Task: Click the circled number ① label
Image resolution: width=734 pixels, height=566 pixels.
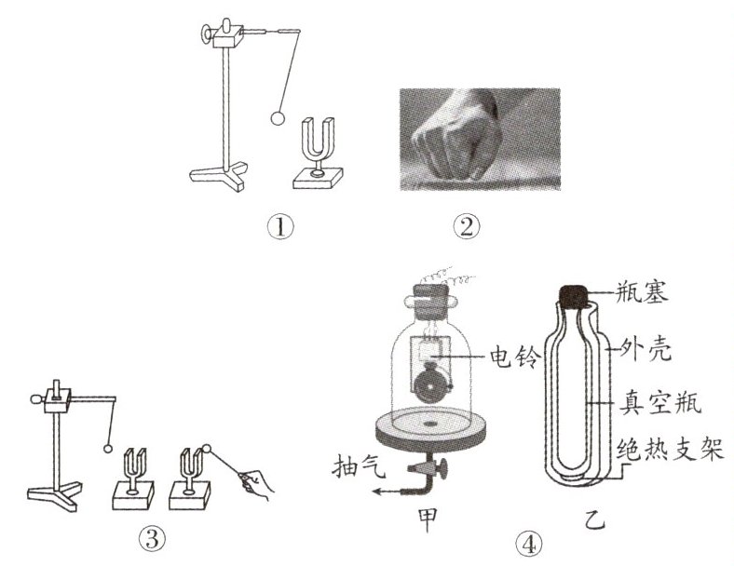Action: (280, 227)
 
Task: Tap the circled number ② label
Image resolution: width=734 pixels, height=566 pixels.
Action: (467, 227)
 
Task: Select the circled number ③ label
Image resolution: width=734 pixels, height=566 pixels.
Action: (152, 540)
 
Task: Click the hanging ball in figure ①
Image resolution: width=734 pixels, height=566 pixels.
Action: (278, 118)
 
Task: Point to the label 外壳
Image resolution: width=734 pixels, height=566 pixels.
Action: (646, 349)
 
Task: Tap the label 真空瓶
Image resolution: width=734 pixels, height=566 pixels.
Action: (660, 403)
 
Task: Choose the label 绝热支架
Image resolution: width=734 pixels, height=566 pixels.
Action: (671, 449)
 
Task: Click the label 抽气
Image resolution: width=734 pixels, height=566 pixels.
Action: (359, 466)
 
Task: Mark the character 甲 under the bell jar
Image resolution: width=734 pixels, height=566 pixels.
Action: (428, 519)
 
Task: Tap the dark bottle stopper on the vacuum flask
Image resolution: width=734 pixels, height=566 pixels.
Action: (575, 297)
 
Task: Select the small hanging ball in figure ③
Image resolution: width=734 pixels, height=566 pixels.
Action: (108, 449)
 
